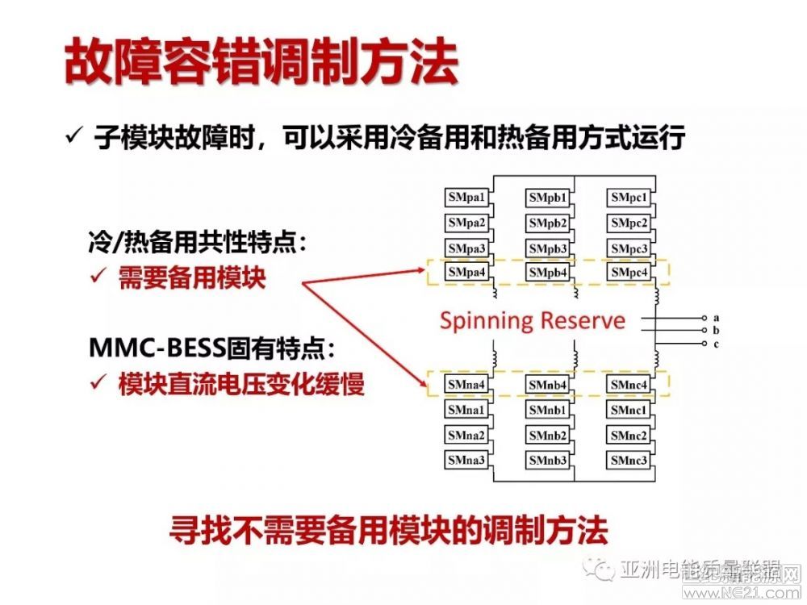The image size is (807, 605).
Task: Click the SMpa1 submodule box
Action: point(468,197)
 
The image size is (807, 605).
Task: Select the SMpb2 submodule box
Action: point(549,223)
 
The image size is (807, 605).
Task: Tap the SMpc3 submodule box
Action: point(629,248)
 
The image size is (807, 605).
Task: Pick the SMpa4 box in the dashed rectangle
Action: point(468,273)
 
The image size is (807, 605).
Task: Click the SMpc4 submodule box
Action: point(629,273)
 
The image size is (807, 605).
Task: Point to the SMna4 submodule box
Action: point(468,386)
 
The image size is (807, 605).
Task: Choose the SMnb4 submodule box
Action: point(549,386)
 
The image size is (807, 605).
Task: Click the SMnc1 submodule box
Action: point(629,411)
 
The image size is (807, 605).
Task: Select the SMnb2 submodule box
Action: point(549,436)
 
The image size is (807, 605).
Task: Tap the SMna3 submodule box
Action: point(468,461)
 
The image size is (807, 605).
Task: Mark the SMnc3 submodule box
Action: point(629,461)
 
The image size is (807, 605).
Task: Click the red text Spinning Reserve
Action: point(533,320)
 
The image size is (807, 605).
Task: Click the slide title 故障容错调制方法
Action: point(261,61)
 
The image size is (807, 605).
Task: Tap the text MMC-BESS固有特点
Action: point(211,349)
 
